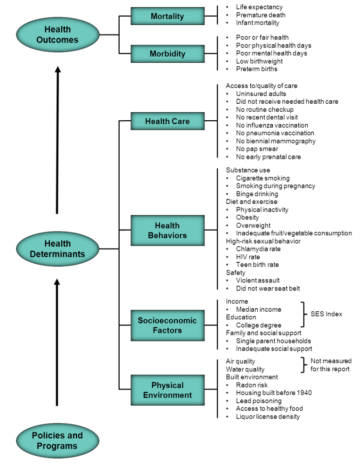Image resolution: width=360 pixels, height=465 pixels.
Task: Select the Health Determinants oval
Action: [57, 249]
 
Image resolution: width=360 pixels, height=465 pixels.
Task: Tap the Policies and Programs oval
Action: [57, 440]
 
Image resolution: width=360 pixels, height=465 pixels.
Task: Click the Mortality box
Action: [167, 17]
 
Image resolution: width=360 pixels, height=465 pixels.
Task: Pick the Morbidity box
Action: [167, 54]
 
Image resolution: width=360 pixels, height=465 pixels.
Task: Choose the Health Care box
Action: [167, 121]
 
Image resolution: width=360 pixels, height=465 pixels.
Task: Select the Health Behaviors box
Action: [167, 231]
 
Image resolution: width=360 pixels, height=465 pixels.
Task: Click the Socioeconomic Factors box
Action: [167, 325]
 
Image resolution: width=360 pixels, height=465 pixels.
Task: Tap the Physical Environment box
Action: [167, 390]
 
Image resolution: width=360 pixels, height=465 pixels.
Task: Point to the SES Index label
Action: [327, 314]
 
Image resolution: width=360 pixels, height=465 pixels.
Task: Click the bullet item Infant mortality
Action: [258, 23]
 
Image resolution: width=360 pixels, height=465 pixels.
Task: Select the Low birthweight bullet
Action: [260, 61]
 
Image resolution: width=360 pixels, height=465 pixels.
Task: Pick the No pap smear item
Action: [257, 149]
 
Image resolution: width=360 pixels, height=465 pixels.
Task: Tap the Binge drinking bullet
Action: [257, 194]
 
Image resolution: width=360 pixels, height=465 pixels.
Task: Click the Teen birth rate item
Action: [257, 265]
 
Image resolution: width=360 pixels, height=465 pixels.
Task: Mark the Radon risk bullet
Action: [252, 385]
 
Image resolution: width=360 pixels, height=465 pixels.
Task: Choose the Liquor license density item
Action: [268, 416]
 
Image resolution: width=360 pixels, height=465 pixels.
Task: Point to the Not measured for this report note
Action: [331, 365]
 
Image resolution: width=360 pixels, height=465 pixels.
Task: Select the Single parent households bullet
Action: [274, 341]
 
